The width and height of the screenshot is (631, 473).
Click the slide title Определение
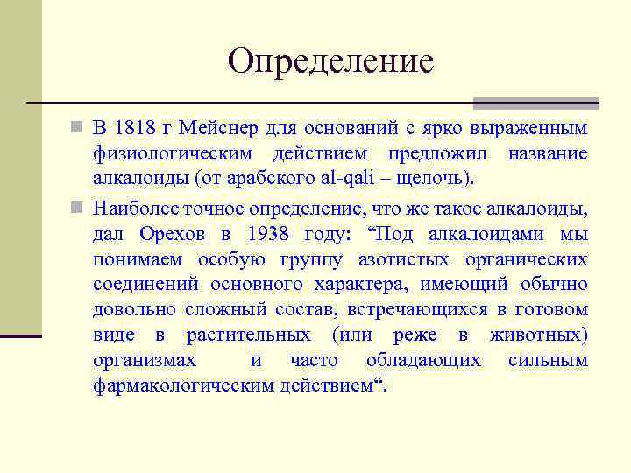[x=330, y=61]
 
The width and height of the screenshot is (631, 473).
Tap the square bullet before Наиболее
[x=78, y=208]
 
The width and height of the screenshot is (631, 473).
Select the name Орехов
[x=175, y=234]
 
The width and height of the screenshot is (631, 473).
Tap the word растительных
[x=248, y=335]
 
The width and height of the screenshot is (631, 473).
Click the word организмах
[x=145, y=361]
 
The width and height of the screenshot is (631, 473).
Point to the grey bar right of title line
[x=535, y=102]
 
